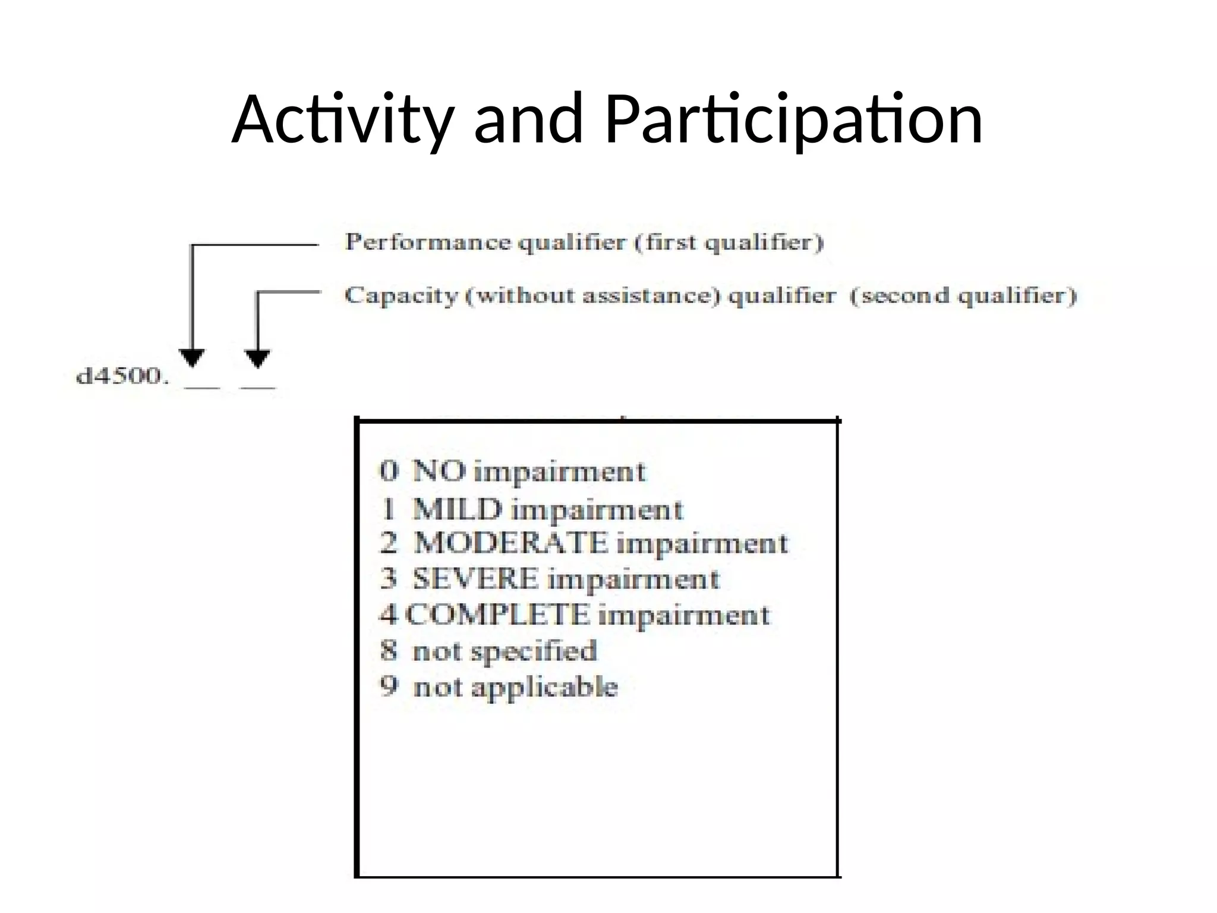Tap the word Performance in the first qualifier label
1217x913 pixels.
click(x=427, y=243)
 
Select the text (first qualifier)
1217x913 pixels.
click(x=729, y=243)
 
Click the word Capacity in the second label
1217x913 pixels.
click(x=401, y=295)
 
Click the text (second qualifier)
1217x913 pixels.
click(x=963, y=295)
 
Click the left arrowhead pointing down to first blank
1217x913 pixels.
click(x=191, y=358)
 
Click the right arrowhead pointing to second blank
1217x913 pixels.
click(x=257, y=358)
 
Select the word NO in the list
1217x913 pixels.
click(x=439, y=471)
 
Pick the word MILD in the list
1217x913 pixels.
click(x=457, y=509)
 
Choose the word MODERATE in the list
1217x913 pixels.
click(x=510, y=543)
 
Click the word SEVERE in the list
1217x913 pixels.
click(x=475, y=579)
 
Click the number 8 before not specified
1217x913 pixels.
click(x=389, y=650)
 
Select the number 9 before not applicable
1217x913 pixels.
click(x=389, y=687)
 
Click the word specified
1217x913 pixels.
click(x=541, y=651)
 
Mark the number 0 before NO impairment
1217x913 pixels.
click(x=389, y=471)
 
